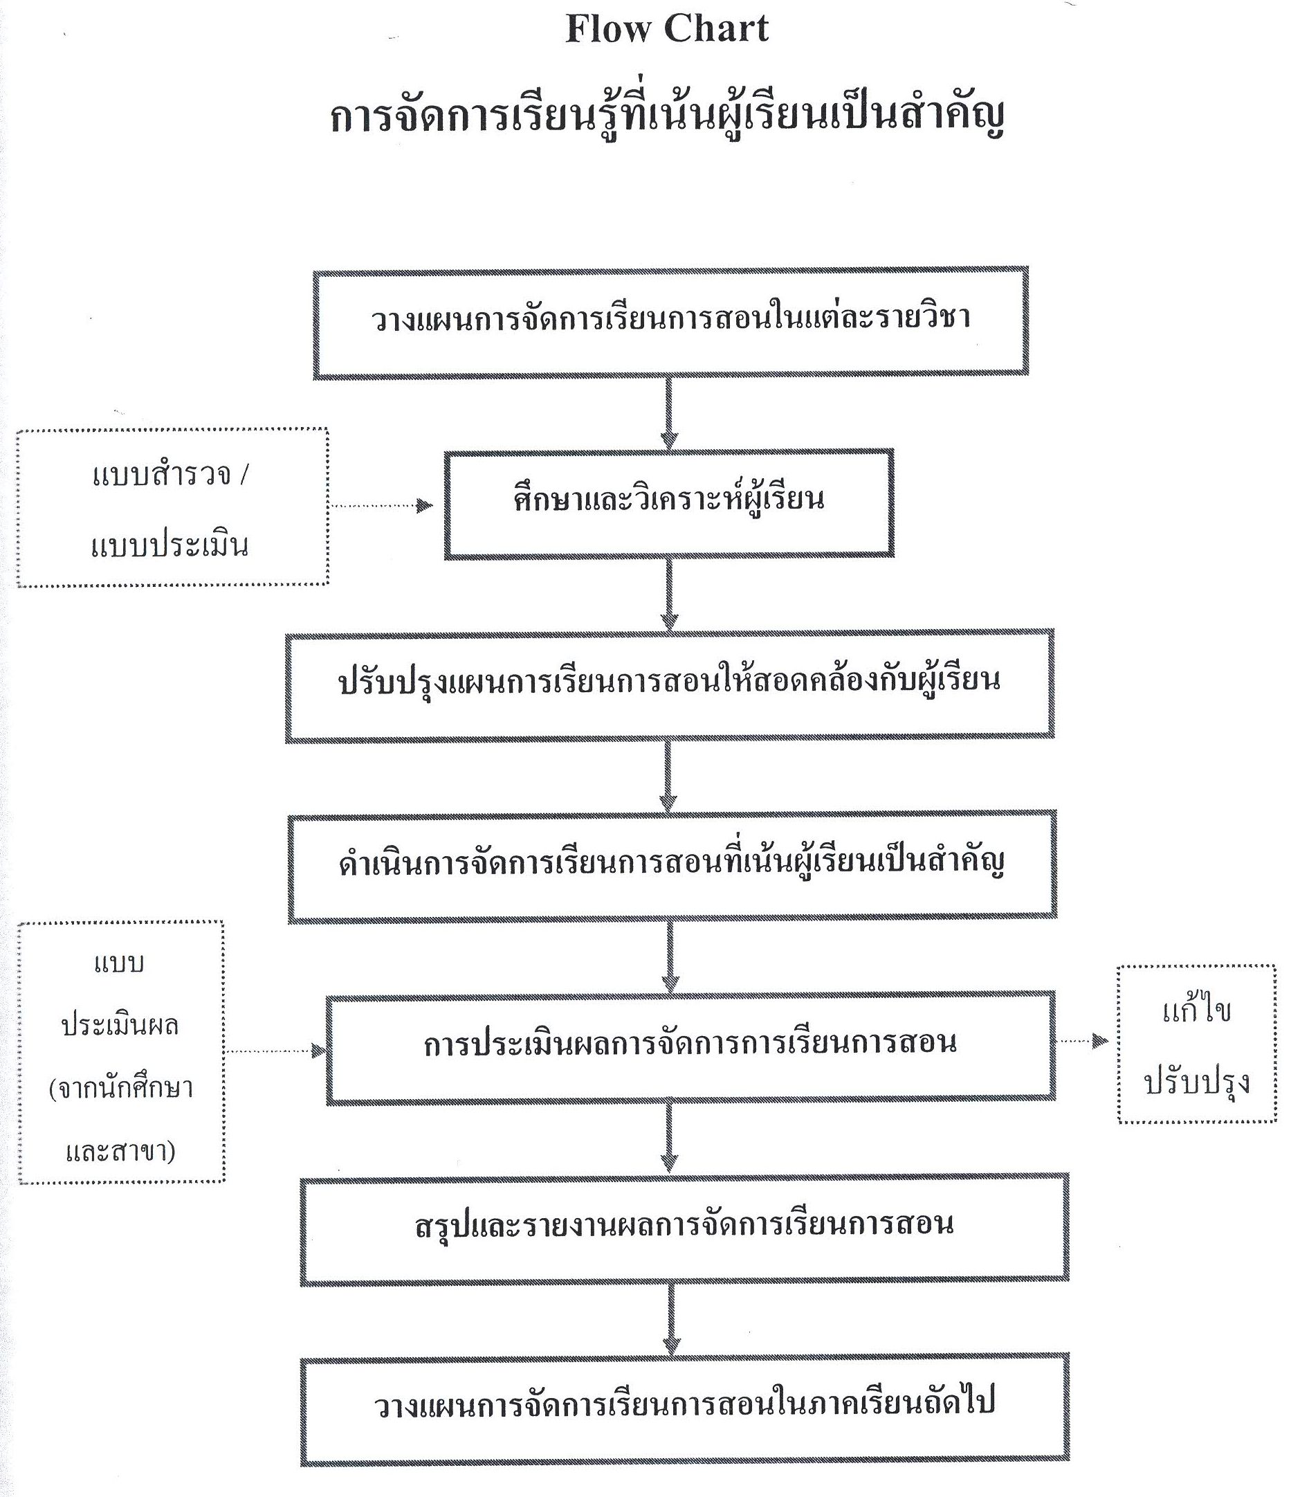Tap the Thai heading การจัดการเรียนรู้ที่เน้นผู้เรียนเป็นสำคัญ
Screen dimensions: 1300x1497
667,116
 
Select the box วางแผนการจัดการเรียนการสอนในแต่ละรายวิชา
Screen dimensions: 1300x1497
670,323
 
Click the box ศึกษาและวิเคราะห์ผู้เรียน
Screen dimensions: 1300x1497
669,504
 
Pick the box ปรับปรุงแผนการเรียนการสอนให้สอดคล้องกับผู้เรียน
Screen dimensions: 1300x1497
669,686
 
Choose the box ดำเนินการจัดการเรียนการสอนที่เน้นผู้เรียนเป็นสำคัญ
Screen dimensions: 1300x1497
672,867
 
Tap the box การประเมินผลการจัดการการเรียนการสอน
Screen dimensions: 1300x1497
690,1048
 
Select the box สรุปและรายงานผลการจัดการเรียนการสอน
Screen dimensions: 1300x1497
684,1229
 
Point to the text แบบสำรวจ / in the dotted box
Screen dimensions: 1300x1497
171,476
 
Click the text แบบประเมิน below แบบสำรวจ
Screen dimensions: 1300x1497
170,544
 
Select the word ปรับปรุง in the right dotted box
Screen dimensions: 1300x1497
1197,1082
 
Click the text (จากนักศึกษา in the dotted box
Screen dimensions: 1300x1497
121,1089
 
